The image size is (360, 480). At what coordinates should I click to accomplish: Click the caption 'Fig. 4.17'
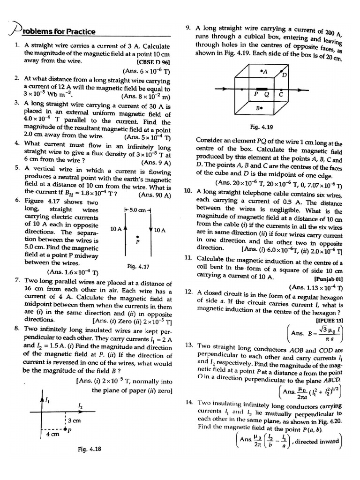(138, 266)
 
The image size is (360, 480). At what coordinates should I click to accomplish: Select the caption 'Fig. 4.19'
(261, 127)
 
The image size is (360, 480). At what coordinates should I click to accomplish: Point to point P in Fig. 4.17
(137, 237)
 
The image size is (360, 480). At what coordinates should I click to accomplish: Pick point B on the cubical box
(258, 108)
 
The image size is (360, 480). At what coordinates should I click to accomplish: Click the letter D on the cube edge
(284, 75)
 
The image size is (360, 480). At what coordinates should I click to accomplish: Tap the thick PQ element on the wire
(261, 88)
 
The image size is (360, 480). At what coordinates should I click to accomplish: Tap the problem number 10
(188, 191)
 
